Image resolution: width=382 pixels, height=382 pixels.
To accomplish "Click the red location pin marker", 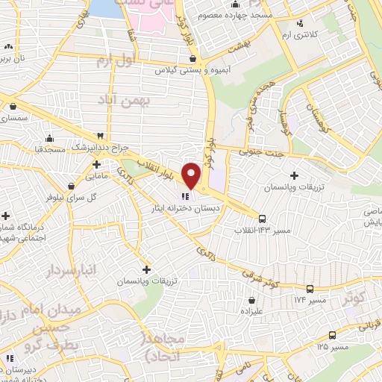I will coord(192,175).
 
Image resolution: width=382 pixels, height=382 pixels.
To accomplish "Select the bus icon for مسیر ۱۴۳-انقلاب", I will coord(262,219).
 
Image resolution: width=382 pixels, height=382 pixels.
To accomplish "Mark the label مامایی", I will coord(98,177).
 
